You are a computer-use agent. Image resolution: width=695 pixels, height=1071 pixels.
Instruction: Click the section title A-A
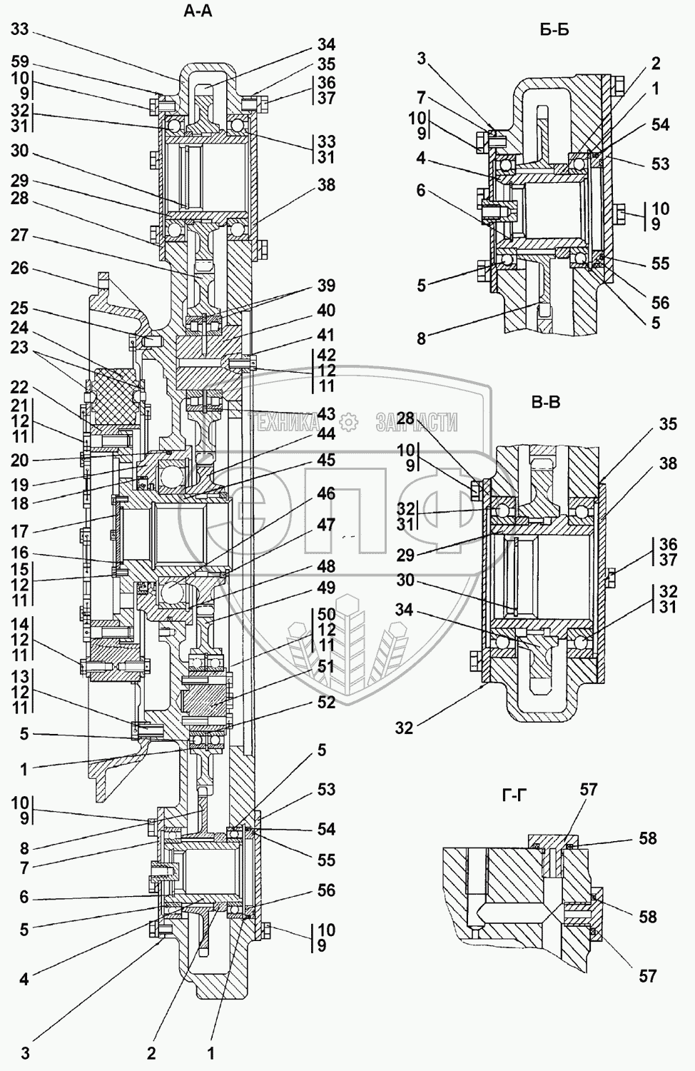[x=198, y=11]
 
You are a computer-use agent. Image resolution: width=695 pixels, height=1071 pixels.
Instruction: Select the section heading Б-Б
[x=554, y=30]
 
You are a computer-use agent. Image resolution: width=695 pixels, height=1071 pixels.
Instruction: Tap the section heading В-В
[x=546, y=402]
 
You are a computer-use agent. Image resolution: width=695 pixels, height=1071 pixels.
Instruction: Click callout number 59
[x=20, y=61]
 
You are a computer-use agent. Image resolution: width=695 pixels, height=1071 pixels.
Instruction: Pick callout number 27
[x=20, y=236]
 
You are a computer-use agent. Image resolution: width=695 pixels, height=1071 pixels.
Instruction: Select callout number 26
[x=20, y=268]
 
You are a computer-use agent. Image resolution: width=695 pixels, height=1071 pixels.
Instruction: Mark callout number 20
[x=20, y=460]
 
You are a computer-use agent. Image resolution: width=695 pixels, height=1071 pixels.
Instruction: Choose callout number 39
[x=326, y=286]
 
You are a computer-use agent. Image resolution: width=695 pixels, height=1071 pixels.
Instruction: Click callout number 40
[x=326, y=311]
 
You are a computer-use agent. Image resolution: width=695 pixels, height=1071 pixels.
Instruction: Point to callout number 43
[x=326, y=413]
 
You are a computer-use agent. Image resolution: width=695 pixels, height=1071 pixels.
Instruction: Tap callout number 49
[x=326, y=588]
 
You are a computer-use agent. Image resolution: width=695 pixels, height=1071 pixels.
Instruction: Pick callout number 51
[x=326, y=665]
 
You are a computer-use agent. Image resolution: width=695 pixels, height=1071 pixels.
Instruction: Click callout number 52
[x=326, y=702]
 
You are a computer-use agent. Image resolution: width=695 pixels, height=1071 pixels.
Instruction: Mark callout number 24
[x=20, y=328]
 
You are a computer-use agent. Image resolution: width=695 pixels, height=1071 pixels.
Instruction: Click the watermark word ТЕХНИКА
[x=285, y=423]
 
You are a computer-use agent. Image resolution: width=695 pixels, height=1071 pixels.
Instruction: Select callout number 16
[x=20, y=553]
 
